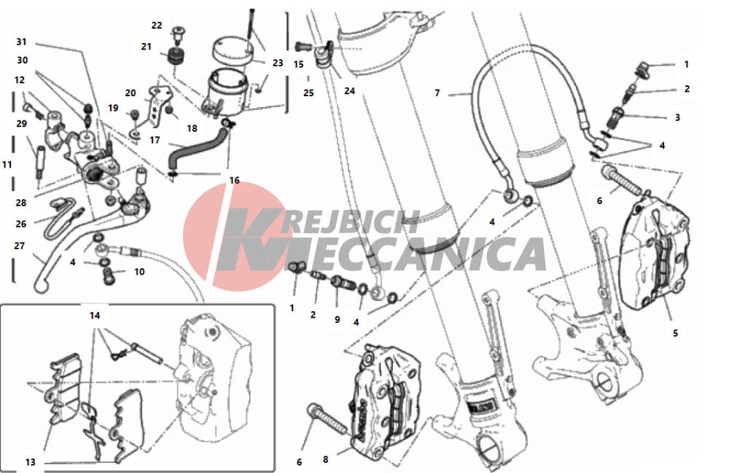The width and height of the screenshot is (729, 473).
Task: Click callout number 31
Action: (21, 42)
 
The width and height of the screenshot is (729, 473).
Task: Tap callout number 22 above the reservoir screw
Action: (157, 25)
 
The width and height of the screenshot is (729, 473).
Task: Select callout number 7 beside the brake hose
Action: (437, 93)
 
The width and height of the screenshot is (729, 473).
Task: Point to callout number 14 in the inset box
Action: (95, 316)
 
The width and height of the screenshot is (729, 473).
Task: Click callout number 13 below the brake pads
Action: (30, 462)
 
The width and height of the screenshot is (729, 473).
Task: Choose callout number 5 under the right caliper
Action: (676, 333)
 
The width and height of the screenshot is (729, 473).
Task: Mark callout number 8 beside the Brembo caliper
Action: (325, 460)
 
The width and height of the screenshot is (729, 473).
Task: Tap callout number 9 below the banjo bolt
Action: (337, 320)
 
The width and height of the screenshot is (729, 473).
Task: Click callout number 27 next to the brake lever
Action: (19, 246)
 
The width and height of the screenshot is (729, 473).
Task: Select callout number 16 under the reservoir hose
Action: (234, 180)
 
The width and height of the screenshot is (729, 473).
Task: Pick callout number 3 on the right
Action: (677, 117)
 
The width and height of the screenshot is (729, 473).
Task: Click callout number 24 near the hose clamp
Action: (350, 91)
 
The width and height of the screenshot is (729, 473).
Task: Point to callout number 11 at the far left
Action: (7, 165)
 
